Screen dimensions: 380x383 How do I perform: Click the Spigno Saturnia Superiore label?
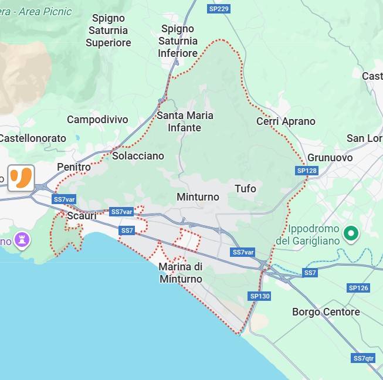(x=109, y=30)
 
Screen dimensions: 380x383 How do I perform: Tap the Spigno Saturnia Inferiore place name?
(x=178, y=41)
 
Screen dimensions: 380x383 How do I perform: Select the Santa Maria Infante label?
(x=185, y=121)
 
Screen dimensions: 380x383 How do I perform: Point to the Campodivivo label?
(x=97, y=120)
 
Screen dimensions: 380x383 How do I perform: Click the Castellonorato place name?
(x=33, y=138)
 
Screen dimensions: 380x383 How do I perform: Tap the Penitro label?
(x=74, y=167)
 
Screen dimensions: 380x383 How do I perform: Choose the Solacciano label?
(x=138, y=156)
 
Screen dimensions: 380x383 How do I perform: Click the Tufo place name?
(x=245, y=188)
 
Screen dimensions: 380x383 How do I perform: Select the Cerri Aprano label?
(x=286, y=121)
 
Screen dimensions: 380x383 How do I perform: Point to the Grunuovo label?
(x=330, y=158)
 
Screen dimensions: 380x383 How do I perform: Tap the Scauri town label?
(x=82, y=216)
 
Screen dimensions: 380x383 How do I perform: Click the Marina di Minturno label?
(x=181, y=273)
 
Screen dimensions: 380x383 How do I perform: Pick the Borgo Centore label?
(x=326, y=311)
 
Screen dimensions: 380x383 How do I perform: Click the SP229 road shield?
(x=219, y=8)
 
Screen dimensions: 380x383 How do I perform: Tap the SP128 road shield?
(x=307, y=171)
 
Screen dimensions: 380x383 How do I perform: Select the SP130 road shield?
(x=260, y=296)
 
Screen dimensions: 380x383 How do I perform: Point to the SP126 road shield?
(x=358, y=287)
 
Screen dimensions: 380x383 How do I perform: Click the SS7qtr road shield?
(x=364, y=358)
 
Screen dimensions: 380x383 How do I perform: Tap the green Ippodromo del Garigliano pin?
(x=351, y=234)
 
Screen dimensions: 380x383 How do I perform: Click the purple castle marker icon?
(x=23, y=239)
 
